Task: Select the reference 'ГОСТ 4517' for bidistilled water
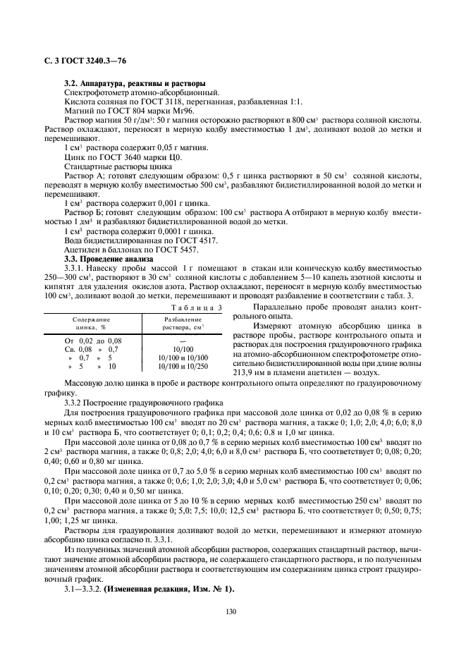coord(195,240)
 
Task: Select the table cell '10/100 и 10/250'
coord(183,367)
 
